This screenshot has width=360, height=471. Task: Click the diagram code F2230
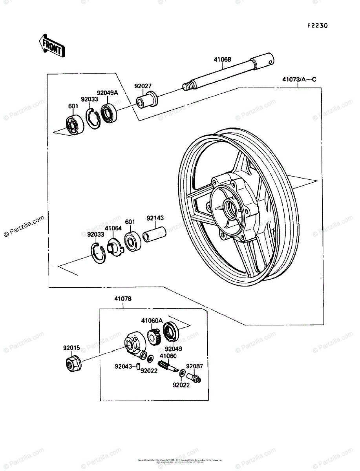point(317,26)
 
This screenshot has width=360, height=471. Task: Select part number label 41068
point(222,60)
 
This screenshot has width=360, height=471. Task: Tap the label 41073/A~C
point(299,80)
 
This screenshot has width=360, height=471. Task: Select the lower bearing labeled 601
point(132,240)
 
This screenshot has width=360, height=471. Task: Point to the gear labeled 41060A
point(153,336)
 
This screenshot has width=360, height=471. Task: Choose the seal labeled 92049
point(170,332)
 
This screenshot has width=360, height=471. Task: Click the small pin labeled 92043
point(138,367)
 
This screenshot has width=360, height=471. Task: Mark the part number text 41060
point(168,356)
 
